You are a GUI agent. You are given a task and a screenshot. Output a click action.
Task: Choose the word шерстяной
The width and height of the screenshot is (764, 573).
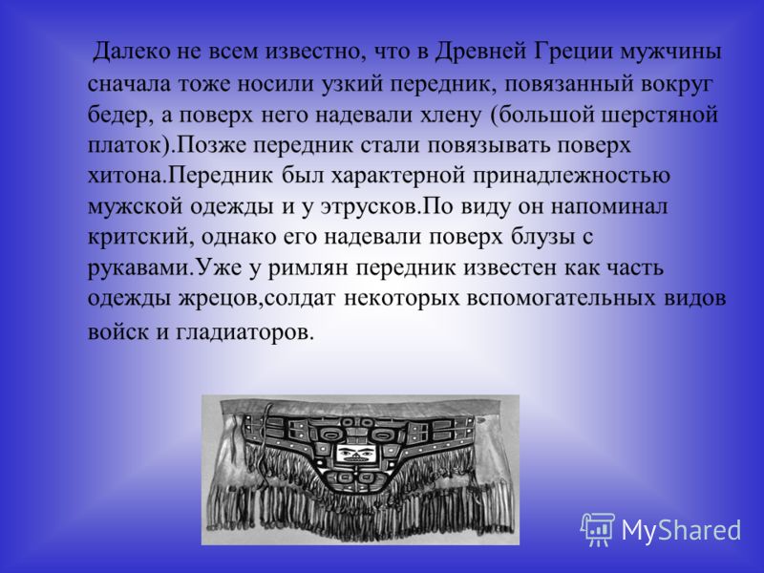660,116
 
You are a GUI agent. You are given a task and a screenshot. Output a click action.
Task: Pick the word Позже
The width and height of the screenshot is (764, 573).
210,145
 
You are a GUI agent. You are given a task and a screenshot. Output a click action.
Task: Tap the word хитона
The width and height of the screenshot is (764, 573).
126,176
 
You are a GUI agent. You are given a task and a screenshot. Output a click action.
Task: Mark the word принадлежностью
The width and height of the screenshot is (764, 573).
571,176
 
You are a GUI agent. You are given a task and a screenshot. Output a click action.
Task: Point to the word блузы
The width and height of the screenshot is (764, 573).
539,237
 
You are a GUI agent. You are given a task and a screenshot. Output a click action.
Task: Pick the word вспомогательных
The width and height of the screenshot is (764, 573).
561,298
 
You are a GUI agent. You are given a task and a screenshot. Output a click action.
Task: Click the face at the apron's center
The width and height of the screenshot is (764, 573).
355,455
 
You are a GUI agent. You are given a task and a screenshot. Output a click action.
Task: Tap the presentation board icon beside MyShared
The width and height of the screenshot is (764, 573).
598,529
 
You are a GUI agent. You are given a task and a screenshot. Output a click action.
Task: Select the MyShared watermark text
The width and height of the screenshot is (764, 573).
681,530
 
